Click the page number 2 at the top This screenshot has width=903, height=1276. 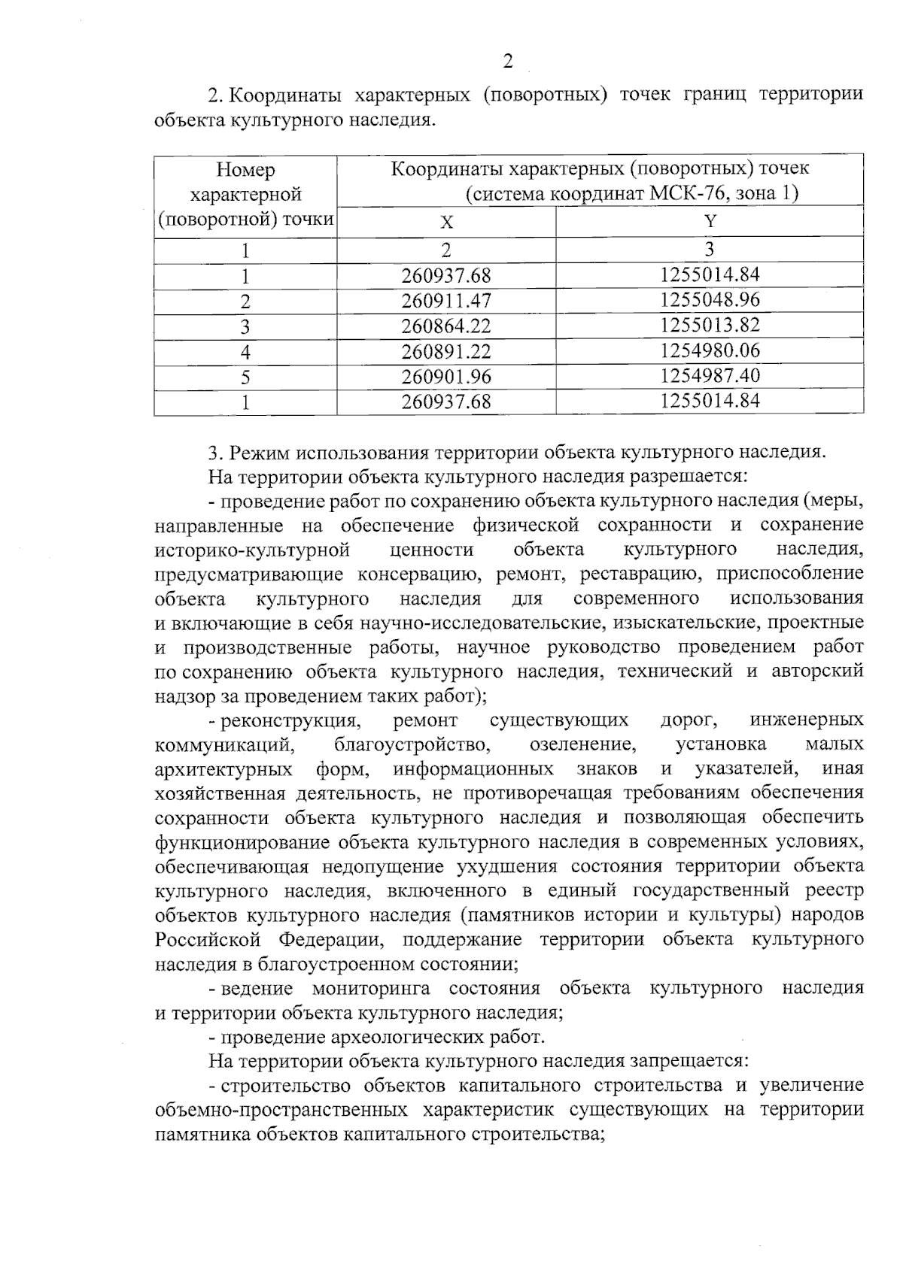[508, 62]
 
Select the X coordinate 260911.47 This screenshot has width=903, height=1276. [446, 302]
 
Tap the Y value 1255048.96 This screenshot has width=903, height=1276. [710, 300]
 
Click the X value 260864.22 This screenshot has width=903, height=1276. [446, 326]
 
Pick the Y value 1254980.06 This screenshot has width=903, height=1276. [710, 350]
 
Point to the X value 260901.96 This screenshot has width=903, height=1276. [446, 377]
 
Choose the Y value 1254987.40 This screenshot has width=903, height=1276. [710, 375]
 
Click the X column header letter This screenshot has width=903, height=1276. [447, 223]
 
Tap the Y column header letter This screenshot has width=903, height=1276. [710, 222]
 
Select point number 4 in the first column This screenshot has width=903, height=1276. [245, 352]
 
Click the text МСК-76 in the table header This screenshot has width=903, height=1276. [689, 194]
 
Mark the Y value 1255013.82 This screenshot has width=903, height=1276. [710, 325]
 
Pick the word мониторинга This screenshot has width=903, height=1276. [379, 988]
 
